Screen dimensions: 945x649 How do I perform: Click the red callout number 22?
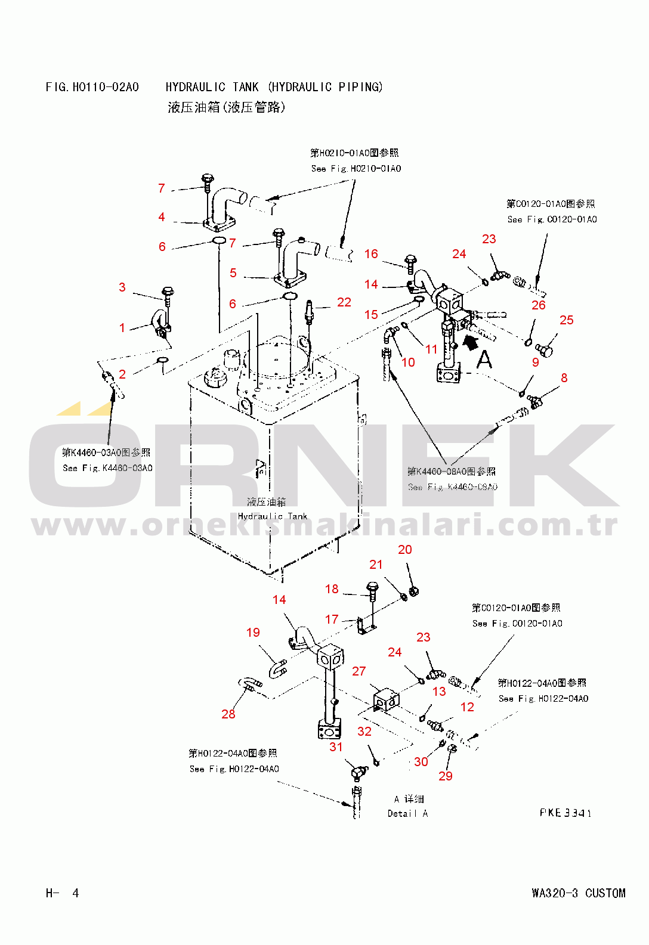tap(344, 302)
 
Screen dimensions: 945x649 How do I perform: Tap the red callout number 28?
tap(228, 714)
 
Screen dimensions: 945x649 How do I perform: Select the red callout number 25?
tap(567, 320)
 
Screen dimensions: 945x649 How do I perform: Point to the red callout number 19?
tap(253, 632)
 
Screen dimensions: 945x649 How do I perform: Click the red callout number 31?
tap(336, 746)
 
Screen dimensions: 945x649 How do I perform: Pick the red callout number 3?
tap(122, 287)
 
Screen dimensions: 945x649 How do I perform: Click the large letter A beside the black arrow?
tap(484, 360)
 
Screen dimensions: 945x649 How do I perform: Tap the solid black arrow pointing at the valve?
tap(471, 342)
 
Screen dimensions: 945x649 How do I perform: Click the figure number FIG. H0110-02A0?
tap(92, 87)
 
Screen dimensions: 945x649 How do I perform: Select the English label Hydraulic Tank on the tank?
tap(273, 516)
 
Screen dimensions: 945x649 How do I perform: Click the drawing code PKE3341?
tap(565, 813)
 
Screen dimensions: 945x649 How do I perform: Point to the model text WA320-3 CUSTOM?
tap(579, 893)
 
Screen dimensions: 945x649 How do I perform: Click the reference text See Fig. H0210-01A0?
tap(356, 169)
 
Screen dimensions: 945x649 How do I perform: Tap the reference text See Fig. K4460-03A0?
tap(107, 468)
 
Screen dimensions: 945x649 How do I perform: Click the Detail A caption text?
tap(407, 813)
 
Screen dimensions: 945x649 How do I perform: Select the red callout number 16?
tap(371, 254)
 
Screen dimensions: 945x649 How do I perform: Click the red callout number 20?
tap(405, 549)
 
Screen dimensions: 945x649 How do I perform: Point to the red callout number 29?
tap(446, 776)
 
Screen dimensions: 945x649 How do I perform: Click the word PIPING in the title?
tap(360, 87)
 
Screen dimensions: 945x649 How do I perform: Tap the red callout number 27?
tap(359, 671)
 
